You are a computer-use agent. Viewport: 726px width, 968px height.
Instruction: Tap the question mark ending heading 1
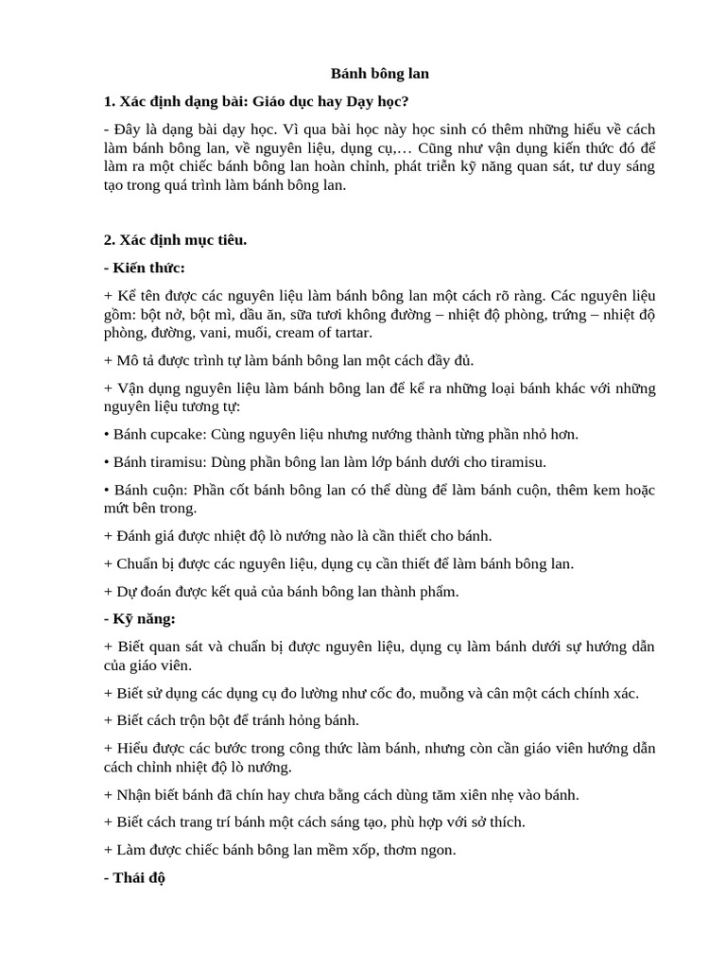coord(406,101)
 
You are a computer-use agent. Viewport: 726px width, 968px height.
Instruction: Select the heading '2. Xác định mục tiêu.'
coord(175,240)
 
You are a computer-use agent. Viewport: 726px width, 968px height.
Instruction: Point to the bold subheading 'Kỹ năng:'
coord(144,619)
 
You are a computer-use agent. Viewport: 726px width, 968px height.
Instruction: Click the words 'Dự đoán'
coord(141,592)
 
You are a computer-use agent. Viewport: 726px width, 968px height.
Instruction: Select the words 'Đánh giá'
coord(145,536)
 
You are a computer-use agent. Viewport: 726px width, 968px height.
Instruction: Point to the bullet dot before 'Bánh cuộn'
coord(107,491)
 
